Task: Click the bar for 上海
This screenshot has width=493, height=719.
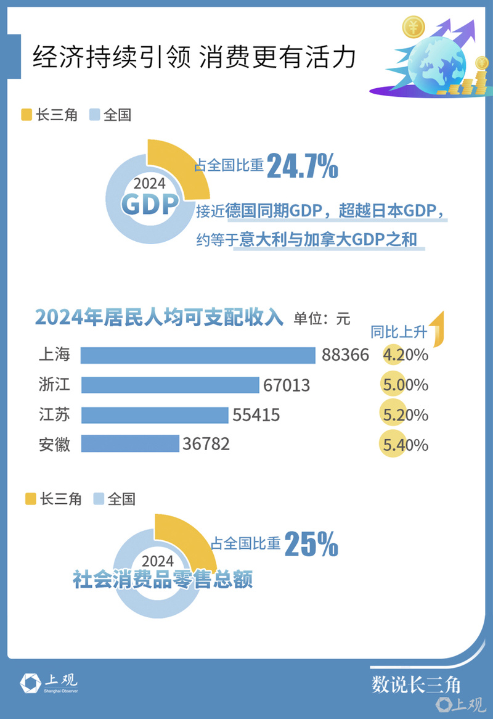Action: (x=198, y=356)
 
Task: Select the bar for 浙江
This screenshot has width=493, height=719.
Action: (x=170, y=385)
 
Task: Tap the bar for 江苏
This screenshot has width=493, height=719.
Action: (x=155, y=415)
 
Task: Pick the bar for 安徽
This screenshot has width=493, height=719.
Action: (x=130, y=444)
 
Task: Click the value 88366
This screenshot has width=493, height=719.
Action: (x=345, y=355)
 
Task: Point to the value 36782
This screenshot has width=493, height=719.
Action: (x=206, y=444)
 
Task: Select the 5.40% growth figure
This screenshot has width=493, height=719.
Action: (x=405, y=445)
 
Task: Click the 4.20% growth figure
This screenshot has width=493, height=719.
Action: (x=405, y=355)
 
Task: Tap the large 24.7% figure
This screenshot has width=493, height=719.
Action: (x=302, y=166)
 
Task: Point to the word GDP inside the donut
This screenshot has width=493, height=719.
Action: (x=149, y=204)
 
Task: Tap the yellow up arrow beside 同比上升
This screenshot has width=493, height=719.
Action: (x=438, y=327)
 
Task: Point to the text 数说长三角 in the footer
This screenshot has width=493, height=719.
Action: (x=416, y=684)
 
